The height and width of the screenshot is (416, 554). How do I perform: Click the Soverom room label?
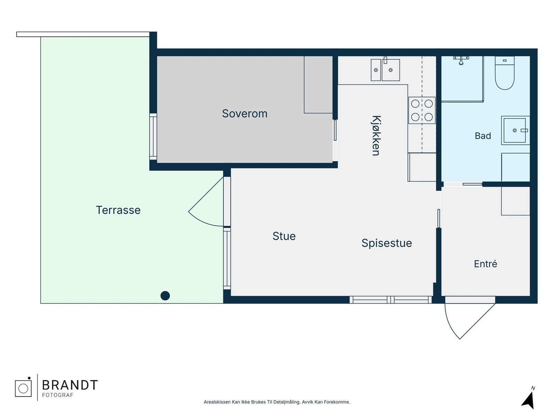coord(244,114)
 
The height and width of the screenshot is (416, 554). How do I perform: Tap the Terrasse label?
coord(118,210)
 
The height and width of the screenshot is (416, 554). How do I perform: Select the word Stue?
coord(284,236)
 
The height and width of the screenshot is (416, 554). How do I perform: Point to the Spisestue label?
coord(387,243)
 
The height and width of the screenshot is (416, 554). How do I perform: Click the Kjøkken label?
coord(376,136)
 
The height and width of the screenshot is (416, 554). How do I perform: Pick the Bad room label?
coord(483,136)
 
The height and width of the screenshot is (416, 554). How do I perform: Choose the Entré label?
coord(485,264)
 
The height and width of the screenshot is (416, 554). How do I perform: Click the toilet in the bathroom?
coord(504,73)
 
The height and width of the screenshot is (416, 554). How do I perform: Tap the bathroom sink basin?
coord(515,130)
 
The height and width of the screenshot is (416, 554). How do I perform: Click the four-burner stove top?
coord(422,110)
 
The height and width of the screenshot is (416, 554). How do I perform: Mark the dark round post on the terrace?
coord(165,295)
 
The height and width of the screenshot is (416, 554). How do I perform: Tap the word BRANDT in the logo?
coord(70,385)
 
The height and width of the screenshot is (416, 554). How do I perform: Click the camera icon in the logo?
coord(23,387)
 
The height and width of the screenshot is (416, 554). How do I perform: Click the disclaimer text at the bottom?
coord(277,402)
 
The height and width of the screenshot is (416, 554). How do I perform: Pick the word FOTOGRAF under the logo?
coord(57,395)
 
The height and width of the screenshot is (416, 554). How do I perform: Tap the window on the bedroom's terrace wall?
coord(153,137)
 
